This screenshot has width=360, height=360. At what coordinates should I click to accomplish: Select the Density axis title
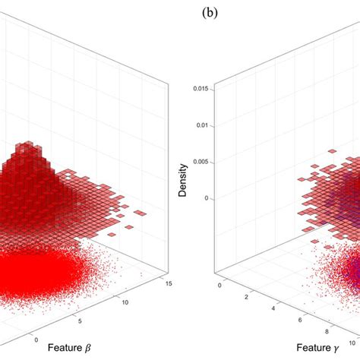tap(183, 182)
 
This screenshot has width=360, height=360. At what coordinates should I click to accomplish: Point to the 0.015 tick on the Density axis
tap(201, 90)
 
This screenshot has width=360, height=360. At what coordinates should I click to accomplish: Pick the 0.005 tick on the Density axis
tap(201, 161)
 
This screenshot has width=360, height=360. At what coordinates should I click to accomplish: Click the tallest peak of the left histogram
tap(30, 144)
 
